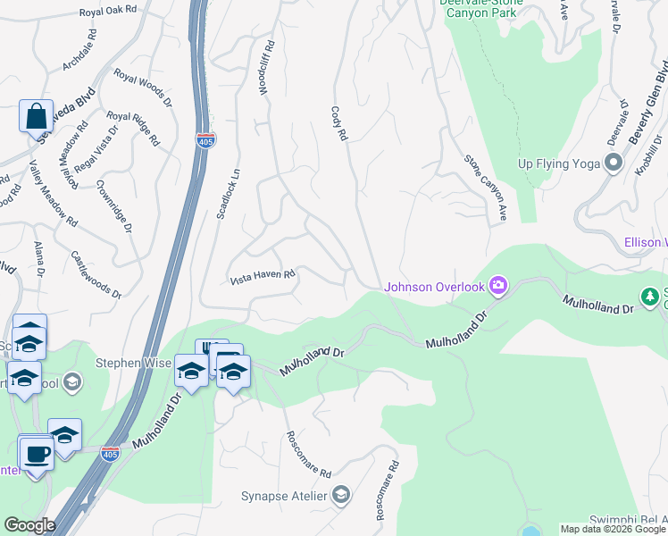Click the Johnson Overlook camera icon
[x=498, y=286]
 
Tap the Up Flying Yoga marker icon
[x=613, y=163]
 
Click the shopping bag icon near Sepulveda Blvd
[x=36, y=117]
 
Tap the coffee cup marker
[x=37, y=454]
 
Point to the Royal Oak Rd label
[x=109, y=10]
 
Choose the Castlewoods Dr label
[x=96, y=273]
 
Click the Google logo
[x=29, y=525]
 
